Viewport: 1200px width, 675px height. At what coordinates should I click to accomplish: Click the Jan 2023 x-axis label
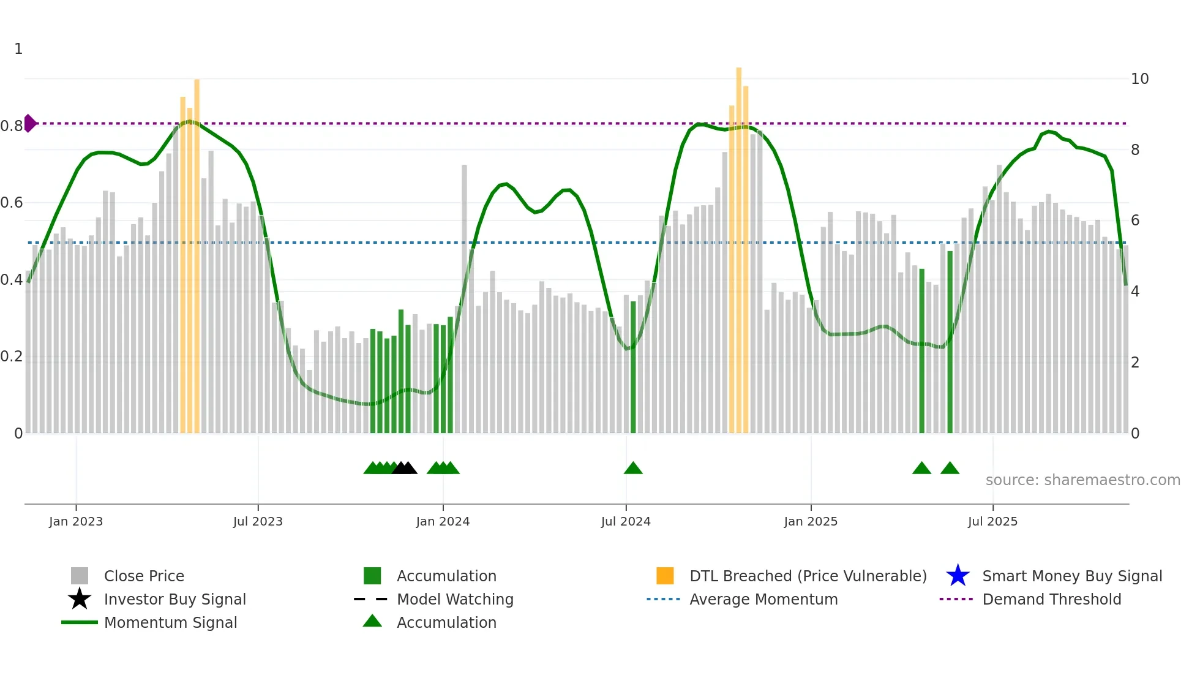click(x=76, y=521)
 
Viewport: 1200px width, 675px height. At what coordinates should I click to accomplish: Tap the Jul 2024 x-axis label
click(x=626, y=521)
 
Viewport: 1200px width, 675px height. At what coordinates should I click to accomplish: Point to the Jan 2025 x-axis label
click(x=811, y=521)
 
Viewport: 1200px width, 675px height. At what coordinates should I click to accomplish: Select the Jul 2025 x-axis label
click(x=992, y=521)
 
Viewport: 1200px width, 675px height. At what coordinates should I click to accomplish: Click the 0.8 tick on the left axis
click(x=12, y=126)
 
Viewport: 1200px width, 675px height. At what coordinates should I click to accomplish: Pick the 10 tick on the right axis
click(x=1139, y=79)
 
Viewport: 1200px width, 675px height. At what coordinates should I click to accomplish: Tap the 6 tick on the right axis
click(x=1135, y=221)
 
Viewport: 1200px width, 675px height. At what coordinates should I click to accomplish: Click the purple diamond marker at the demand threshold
click(x=29, y=123)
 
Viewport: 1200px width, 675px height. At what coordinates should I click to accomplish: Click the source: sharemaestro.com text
click(x=1082, y=480)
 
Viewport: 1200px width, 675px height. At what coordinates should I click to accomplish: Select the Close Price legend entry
click(x=144, y=576)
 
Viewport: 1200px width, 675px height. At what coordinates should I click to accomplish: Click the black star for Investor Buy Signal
click(x=80, y=599)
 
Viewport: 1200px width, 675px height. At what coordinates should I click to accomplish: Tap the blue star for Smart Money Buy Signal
click(x=958, y=576)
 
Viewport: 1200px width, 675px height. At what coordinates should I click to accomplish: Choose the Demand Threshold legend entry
click(x=1051, y=599)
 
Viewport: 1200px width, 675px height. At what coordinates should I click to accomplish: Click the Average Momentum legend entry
click(x=763, y=599)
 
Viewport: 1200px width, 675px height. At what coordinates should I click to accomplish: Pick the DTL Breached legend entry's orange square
click(x=665, y=576)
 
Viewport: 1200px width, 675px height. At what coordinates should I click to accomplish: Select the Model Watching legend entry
click(x=455, y=599)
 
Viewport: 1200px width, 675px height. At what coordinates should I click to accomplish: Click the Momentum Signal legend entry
click(x=170, y=622)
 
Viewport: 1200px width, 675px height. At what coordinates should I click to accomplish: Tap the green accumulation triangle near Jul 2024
click(x=633, y=469)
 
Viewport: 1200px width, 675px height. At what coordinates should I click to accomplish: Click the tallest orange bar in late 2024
click(x=739, y=245)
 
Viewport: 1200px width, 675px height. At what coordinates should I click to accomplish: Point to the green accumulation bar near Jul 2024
click(x=633, y=368)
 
